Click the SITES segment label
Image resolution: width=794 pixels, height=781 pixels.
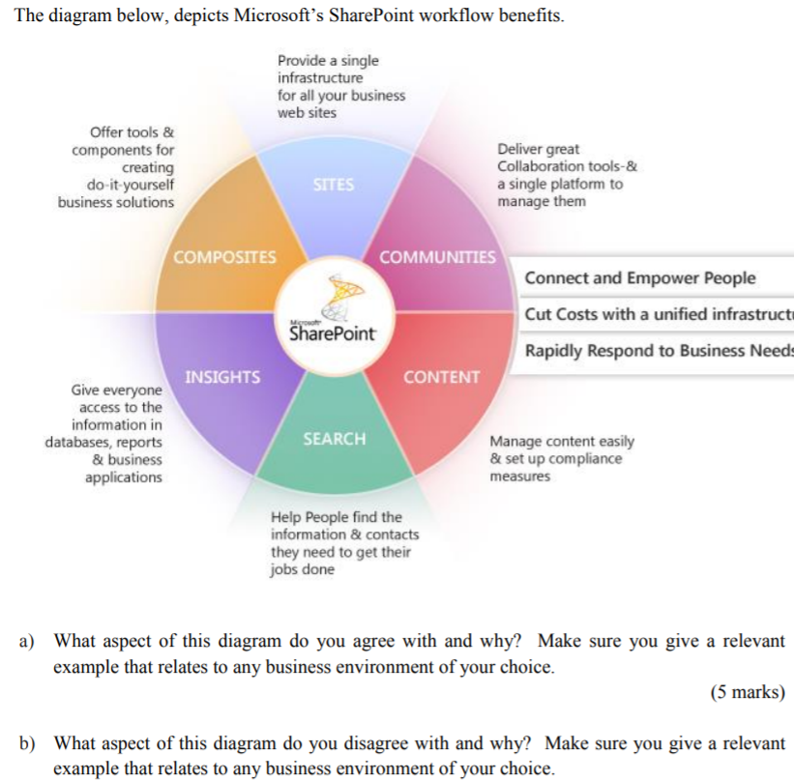point(334,184)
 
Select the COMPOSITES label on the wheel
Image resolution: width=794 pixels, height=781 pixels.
point(224,257)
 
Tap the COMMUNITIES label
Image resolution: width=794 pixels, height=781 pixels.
point(437,257)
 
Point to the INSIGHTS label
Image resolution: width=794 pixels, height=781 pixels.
point(222,377)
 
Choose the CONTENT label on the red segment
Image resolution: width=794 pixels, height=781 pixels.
point(441,377)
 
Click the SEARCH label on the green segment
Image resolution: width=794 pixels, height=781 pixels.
point(335,439)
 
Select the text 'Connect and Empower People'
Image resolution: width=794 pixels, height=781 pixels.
point(640,278)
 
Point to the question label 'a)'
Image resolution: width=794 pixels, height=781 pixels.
point(29,641)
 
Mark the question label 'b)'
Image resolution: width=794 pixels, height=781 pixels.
point(29,743)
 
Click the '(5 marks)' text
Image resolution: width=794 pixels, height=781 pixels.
point(747,693)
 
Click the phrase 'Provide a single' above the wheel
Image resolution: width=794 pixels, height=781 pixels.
point(328,61)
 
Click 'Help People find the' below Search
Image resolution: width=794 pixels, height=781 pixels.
point(337,517)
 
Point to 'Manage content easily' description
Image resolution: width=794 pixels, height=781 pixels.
point(562,441)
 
